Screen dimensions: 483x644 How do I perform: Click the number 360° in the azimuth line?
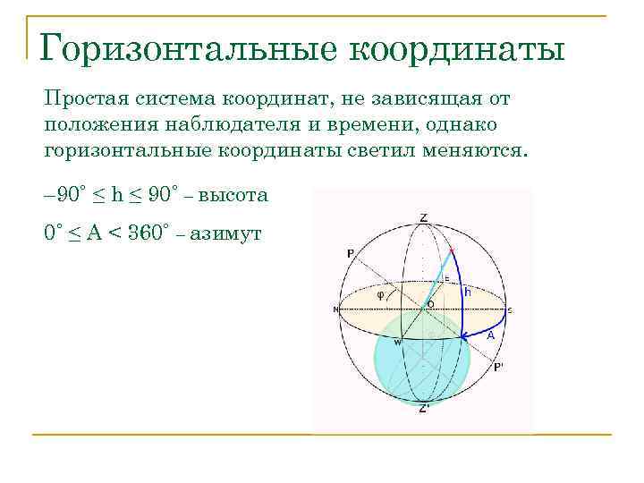coord(144,233)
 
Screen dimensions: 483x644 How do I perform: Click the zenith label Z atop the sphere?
coord(423,218)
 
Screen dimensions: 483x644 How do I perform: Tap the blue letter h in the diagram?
coord(467,291)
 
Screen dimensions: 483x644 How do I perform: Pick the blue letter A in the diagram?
coord(490,335)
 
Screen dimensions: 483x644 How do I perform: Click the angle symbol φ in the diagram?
coord(380,292)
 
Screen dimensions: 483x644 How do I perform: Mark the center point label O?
coord(430,304)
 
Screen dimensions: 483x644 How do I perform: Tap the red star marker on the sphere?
coord(452,248)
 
